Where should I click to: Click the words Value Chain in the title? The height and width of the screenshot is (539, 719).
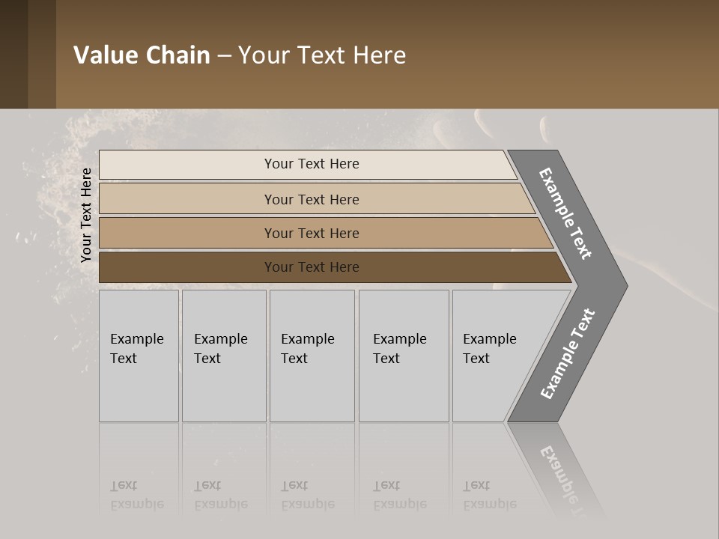[142, 55]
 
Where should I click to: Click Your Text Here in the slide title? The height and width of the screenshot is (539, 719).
[322, 55]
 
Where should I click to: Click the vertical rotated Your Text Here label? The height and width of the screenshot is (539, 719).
[86, 216]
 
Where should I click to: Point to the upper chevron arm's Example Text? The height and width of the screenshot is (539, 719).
[565, 213]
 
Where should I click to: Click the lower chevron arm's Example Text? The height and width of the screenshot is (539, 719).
[567, 354]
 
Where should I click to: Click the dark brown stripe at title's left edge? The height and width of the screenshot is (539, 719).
[13, 54]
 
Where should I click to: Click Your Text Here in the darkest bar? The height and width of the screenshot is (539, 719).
[312, 267]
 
